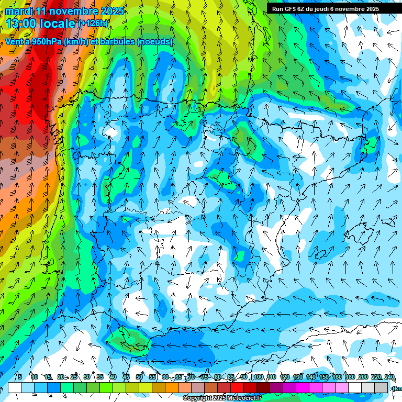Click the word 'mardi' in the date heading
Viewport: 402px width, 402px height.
pyautogui.click(x=18, y=11)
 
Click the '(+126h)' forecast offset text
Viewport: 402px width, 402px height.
pyautogui.click(x=94, y=23)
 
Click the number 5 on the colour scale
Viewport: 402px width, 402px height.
pyautogui.click(x=19, y=377)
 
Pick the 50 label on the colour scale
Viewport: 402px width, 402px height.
pyautogui.click(x=139, y=377)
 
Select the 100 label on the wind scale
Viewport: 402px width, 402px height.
pyautogui.click(x=258, y=377)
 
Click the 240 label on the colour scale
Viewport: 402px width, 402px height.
pyautogui.click(x=389, y=377)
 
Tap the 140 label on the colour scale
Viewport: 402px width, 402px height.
pyautogui.click(x=311, y=377)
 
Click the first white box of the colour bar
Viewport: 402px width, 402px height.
pyautogui.click(x=15, y=387)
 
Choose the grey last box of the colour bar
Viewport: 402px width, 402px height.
pyautogui.click(x=381, y=387)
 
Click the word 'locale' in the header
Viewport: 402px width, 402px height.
pyautogui.click(x=57, y=23)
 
